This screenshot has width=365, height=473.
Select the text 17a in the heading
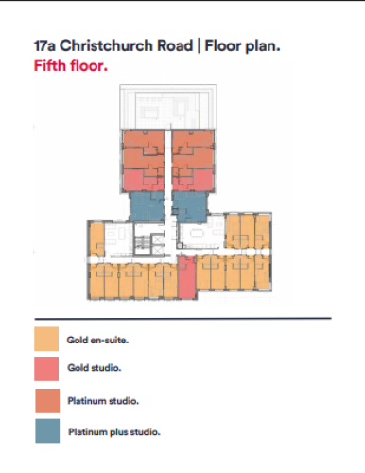[44, 45]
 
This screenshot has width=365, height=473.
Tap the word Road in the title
[175, 45]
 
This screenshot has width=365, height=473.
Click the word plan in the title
[263, 46]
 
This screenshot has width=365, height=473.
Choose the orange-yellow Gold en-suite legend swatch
[46, 339]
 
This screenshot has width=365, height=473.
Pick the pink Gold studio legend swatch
[46, 369]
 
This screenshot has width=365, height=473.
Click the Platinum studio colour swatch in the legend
[47, 401]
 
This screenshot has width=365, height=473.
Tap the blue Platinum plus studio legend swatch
[47, 430]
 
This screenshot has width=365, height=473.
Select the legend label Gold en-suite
[97, 340]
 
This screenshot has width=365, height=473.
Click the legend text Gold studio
[95, 368]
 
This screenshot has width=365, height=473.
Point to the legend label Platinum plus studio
[114, 432]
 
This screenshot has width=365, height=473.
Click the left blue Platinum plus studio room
[148, 206]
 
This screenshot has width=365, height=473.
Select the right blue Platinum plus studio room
[190, 206]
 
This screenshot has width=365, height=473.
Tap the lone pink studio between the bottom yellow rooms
[186, 277]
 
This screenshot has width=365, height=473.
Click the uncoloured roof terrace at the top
[168, 107]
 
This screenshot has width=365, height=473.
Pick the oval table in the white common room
[198, 233]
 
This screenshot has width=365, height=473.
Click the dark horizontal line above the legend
[183, 319]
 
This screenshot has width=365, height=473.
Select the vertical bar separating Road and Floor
[199, 46]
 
